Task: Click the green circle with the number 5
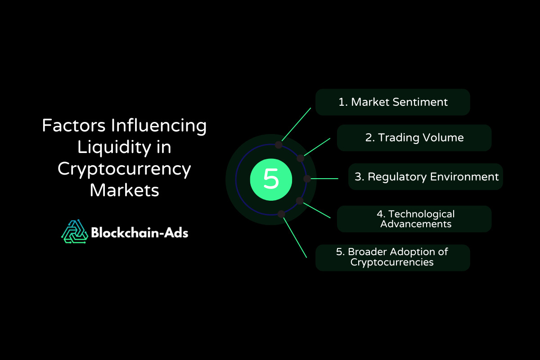[271, 180]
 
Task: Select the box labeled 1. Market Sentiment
[393, 102]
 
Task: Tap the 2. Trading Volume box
[414, 138]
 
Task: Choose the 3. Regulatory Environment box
[426, 177]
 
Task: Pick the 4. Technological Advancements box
[414, 219]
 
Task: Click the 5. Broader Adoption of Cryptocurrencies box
[393, 258]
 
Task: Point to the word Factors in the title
[74, 126]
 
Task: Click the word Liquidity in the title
[114, 148]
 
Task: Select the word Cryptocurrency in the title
[124, 169]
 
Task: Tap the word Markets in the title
[124, 190]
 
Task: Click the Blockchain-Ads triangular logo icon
[75, 231]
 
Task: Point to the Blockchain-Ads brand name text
[139, 233]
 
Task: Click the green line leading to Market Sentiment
[296, 124]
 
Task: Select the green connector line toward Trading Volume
[317, 147]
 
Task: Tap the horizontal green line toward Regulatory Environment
[324, 179]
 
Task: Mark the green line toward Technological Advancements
[317, 211]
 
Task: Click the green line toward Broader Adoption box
[295, 238]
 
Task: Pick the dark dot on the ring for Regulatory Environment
[307, 179]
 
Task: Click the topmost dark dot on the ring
[279, 145]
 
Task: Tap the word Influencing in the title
[158, 126]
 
